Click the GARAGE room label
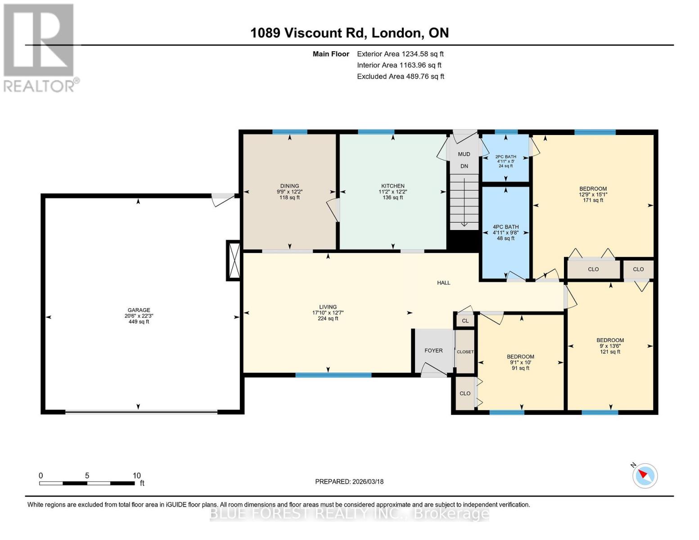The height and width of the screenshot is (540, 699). (139, 310)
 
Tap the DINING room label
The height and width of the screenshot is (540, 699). (289, 186)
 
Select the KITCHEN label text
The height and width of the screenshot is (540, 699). (393, 186)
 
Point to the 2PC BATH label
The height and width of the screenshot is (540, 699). (505, 157)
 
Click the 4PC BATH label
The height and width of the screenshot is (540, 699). (505, 227)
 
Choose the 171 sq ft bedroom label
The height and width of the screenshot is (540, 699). (593, 189)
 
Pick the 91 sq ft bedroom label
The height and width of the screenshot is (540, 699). (520, 357)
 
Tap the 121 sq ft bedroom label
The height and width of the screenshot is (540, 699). (610, 341)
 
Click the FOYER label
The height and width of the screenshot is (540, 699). (433, 351)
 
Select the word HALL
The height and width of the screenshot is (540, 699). (443, 283)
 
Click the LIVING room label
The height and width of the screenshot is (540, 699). (328, 307)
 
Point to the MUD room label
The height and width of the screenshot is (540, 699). (464, 154)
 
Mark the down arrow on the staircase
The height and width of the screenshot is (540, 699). (464, 224)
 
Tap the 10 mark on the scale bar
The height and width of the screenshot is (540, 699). (137, 476)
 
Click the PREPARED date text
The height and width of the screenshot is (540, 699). (349, 481)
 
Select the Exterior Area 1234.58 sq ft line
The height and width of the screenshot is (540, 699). (400, 54)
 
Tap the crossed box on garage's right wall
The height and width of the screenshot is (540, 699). (234, 261)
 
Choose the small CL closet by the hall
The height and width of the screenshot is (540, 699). (465, 321)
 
